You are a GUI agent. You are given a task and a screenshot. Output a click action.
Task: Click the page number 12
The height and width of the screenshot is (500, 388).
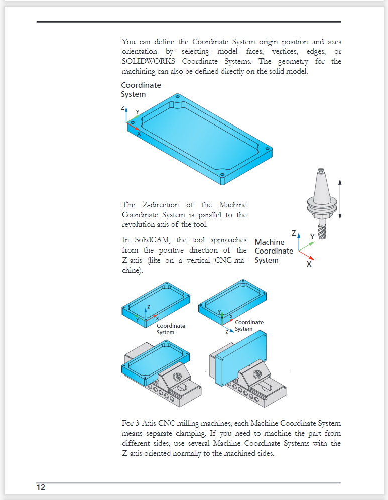pyautogui.click(x=41, y=487)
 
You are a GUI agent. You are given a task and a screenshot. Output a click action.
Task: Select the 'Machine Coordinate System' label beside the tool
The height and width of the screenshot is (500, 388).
pyautogui.click(x=274, y=251)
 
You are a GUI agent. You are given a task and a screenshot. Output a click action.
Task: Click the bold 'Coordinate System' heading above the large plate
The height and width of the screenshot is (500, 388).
pyautogui.click(x=141, y=90)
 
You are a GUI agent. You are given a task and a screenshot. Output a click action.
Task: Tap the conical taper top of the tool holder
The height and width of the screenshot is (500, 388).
pyautogui.click(x=321, y=180)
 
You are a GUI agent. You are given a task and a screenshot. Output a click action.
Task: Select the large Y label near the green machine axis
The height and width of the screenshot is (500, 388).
pyautogui.click(x=312, y=236)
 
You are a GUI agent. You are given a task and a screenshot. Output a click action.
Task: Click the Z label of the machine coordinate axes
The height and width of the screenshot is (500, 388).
pyautogui.click(x=294, y=233)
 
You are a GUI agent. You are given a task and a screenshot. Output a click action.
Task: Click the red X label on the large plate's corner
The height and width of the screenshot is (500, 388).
pyautogui.click(x=139, y=134)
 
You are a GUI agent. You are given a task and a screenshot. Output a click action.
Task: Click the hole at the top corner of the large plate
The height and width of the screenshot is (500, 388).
pyautogui.click(x=177, y=96)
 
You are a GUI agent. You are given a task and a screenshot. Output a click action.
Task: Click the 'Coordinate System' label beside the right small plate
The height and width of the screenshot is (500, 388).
pyautogui.click(x=248, y=325)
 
